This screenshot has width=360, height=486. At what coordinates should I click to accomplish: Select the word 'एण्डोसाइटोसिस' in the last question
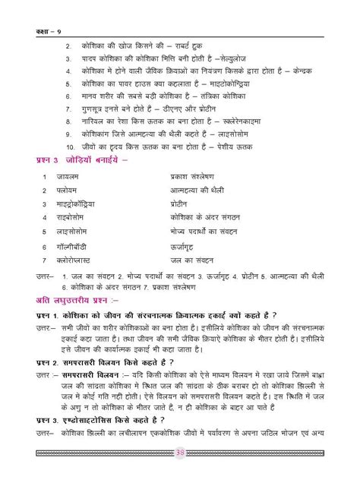(97, 440)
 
